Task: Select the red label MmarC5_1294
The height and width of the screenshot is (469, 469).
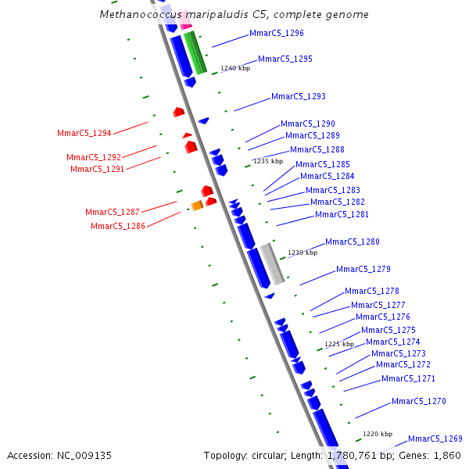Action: [84, 133]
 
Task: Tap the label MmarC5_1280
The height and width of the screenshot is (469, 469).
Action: [352, 242]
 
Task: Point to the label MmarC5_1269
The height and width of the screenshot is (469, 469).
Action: [435, 439]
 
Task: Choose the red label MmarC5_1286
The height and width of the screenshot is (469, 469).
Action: [117, 227]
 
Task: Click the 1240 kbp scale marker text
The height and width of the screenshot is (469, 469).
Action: [234, 69]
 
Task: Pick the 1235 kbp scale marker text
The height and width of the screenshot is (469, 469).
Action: [267, 161]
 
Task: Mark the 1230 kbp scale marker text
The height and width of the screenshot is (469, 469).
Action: [303, 252]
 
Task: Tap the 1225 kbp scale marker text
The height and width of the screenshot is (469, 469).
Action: [339, 344]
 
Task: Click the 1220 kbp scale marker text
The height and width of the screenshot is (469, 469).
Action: [378, 434]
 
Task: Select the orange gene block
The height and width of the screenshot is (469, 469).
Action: [197, 206]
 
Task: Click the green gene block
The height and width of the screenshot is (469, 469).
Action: [195, 53]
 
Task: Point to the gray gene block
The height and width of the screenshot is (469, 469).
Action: [272, 263]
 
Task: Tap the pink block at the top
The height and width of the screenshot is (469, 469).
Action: [185, 21]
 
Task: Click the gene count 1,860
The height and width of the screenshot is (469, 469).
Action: [446, 455]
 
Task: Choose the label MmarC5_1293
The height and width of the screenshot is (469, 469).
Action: [298, 97]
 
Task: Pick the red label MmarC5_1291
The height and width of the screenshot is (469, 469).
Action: [97, 169]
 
